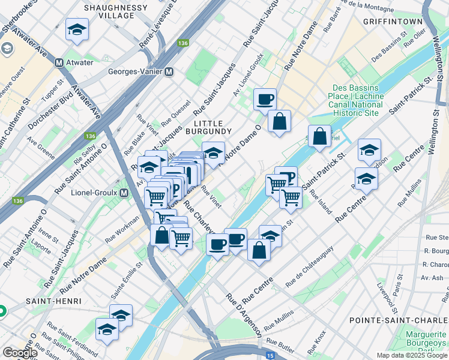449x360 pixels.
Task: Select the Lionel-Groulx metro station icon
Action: pyautogui.click(x=124, y=193)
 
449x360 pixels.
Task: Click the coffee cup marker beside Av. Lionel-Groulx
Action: pyautogui.click(x=265, y=99)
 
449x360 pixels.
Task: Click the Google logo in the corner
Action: pyautogui.click(x=20, y=353)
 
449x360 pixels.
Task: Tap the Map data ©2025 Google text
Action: pyautogui.click(x=411, y=355)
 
